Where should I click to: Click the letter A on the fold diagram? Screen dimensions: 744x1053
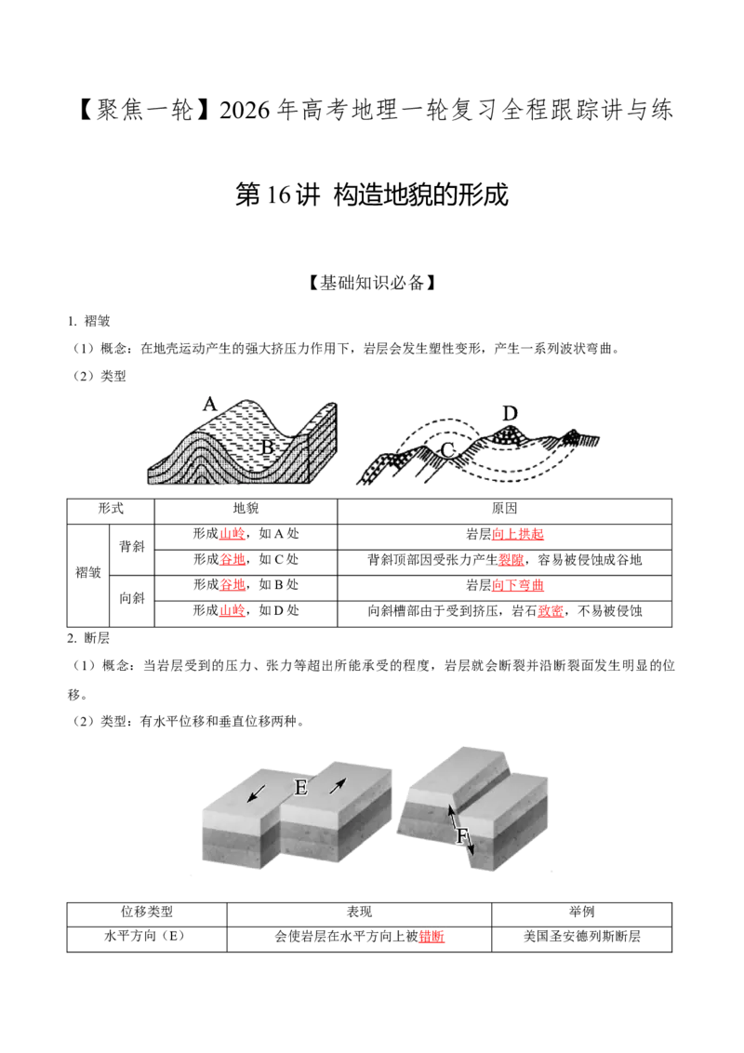point(210,405)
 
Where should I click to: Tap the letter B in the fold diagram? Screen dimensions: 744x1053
point(267,447)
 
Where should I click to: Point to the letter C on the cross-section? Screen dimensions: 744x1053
point(448,450)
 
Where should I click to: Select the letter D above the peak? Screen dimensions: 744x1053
point(510,414)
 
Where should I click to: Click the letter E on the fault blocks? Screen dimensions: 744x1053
point(300,786)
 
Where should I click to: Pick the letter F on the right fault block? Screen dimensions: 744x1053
point(461,836)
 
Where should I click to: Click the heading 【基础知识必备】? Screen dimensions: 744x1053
point(371,283)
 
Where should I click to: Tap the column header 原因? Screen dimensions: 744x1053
point(504,509)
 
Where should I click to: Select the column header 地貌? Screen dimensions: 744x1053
point(246,509)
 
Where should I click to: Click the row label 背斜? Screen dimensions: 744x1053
point(132,547)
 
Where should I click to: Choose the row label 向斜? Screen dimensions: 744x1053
point(132,598)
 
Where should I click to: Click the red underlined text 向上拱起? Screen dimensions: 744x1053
point(518,535)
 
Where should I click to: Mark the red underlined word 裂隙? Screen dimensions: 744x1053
point(511,560)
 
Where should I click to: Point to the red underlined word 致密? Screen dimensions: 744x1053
point(551,611)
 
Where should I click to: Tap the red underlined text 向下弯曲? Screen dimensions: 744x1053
point(518,586)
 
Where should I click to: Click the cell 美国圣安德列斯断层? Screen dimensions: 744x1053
point(581,936)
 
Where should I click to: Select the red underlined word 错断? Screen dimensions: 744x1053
point(432,936)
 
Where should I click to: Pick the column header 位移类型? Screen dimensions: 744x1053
point(146,912)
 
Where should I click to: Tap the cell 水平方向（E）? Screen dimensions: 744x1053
point(145,936)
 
